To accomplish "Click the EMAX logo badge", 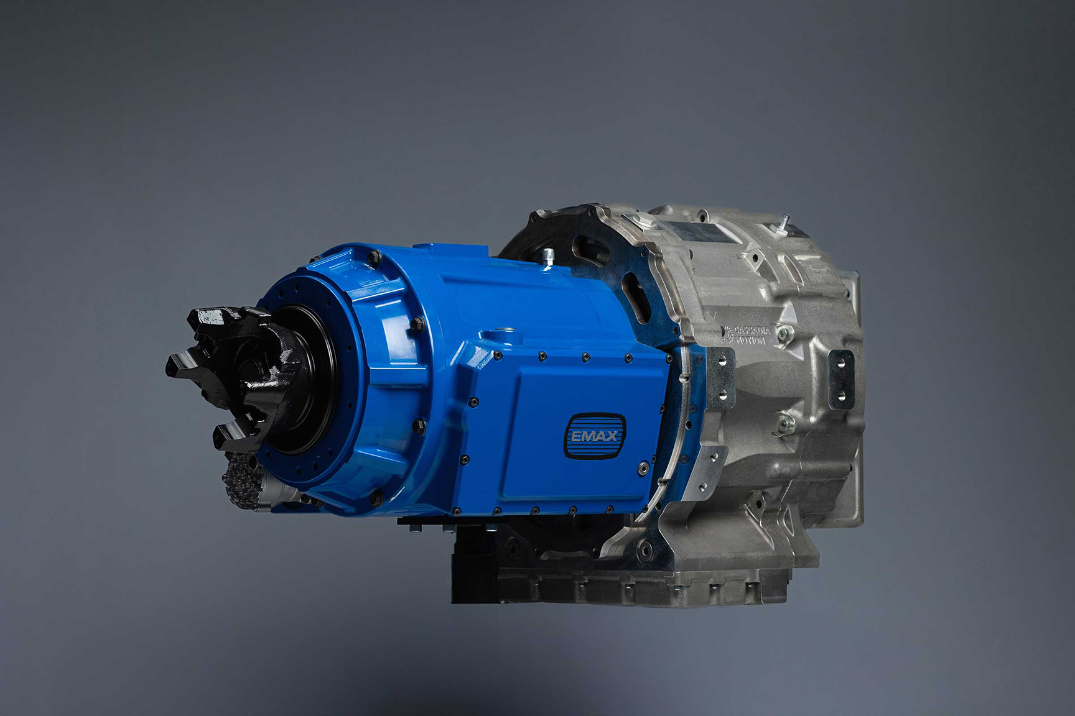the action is (x=593, y=436).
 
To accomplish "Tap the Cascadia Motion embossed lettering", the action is (x=747, y=334).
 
